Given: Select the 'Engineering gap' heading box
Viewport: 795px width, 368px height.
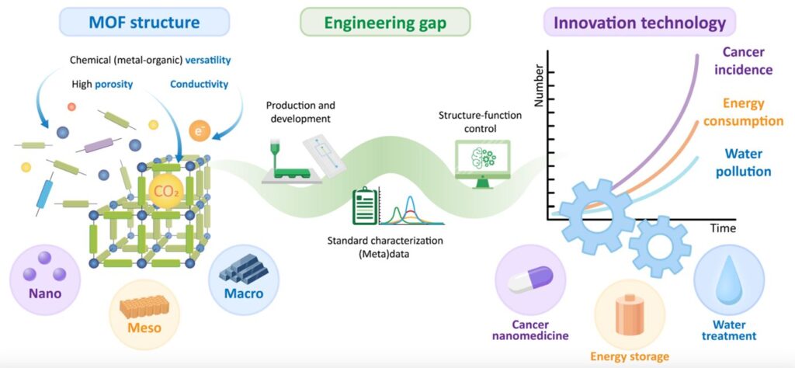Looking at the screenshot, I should (385, 23).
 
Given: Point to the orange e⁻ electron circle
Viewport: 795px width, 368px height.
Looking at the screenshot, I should (200, 132).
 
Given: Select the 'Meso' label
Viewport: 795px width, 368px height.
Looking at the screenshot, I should (145, 327).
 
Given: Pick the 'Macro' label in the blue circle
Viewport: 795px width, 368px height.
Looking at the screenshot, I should (245, 294).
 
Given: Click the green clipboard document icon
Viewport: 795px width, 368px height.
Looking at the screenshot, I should (363, 205).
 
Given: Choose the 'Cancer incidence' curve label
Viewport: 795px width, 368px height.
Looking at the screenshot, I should (747, 61).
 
